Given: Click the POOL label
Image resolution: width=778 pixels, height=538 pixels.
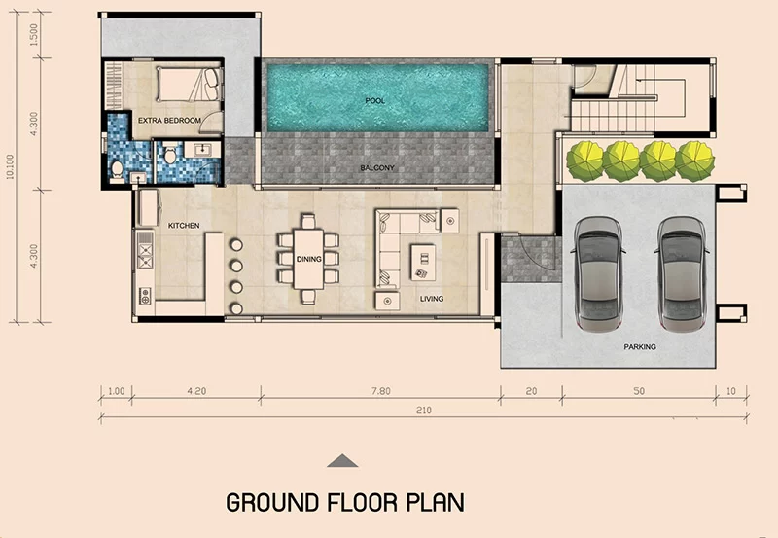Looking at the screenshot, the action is pyautogui.click(x=375, y=101).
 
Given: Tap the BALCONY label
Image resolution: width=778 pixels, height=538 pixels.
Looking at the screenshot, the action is pyautogui.click(x=377, y=168).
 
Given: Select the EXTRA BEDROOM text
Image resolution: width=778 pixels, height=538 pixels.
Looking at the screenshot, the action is pyautogui.click(x=169, y=120).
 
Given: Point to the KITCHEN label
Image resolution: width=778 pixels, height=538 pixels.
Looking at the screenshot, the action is pyautogui.click(x=184, y=226).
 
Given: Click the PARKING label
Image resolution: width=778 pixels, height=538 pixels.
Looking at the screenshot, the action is pyautogui.click(x=640, y=347).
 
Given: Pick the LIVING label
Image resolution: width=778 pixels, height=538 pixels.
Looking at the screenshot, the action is pyautogui.click(x=432, y=299).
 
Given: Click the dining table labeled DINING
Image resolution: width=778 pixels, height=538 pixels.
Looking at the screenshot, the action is pyautogui.click(x=308, y=259).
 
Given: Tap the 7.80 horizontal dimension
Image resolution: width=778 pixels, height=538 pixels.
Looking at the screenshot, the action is pyautogui.click(x=381, y=391).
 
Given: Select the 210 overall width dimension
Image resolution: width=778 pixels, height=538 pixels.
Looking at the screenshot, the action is pyautogui.click(x=424, y=411).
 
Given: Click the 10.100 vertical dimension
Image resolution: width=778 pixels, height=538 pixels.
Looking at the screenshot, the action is pyautogui.click(x=11, y=166).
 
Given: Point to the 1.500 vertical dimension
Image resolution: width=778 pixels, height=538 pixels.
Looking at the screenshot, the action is pyautogui.click(x=34, y=34).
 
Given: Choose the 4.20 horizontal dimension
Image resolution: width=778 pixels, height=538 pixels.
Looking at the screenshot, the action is pyautogui.click(x=196, y=391).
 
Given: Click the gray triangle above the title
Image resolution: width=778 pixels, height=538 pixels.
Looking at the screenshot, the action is pyautogui.click(x=342, y=461).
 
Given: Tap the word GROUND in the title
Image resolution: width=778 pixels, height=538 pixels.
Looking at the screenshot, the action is pyautogui.click(x=272, y=502).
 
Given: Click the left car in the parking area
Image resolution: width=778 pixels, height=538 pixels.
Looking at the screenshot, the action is pyautogui.click(x=598, y=273).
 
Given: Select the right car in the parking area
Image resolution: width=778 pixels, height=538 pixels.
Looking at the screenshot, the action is pyautogui.click(x=682, y=273).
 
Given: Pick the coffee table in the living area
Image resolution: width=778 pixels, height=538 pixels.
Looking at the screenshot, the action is pyautogui.click(x=423, y=262).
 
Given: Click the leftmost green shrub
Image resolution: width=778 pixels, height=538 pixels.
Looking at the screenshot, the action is pyautogui.click(x=585, y=161).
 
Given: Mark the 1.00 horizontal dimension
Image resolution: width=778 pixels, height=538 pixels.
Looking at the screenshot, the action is pyautogui.click(x=117, y=391).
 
